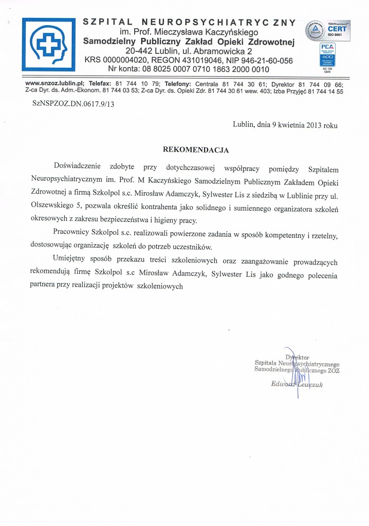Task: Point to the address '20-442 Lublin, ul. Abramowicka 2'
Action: (189, 51)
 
